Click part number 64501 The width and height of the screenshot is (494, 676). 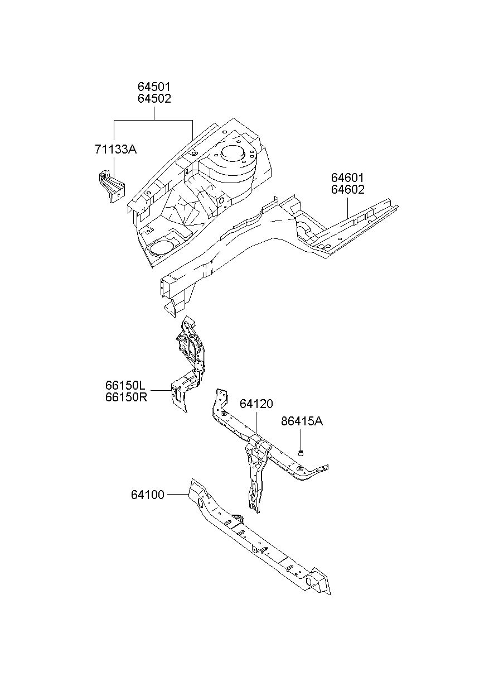[x=154, y=87]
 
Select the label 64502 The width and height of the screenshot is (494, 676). [x=154, y=99]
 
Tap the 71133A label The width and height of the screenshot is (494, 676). [x=116, y=149]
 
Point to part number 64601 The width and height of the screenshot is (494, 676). [x=347, y=178]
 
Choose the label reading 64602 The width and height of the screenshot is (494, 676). [x=347, y=190]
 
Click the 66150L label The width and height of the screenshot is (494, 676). [x=125, y=385]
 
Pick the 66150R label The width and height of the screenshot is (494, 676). [x=126, y=397]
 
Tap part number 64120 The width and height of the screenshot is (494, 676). [x=256, y=404]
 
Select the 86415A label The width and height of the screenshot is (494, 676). [x=302, y=421]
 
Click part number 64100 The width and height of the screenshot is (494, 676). [x=148, y=495]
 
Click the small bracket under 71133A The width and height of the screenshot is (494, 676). [x=112, y=186]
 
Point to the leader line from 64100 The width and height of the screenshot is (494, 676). [x=178, y=495]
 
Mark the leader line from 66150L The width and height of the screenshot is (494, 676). [x=161, y=391]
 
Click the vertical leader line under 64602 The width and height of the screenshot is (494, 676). [x=347, y=208]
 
